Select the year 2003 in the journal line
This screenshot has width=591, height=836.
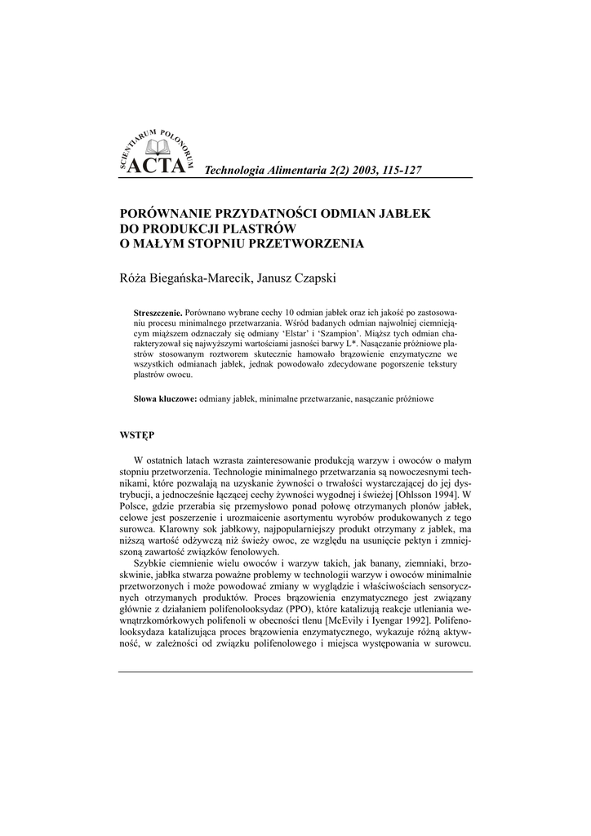(x=340, y=169)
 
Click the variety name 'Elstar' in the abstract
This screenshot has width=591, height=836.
(x=318, y=334)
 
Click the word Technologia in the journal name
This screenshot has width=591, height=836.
(x=237, y=169)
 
